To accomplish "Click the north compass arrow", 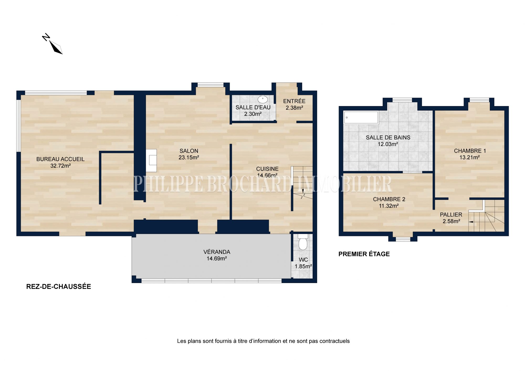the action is tap(56, 47).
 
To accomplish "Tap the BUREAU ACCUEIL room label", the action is tap(60, 159).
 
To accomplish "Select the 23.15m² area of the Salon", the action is tap(189, 158).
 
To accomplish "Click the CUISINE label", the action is tap(267, 169).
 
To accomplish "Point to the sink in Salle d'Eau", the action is tap(263, 100).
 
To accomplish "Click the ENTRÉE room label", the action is tap(294, 101).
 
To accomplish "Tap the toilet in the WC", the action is tap(303, 242).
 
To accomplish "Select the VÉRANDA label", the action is tap(217, 252).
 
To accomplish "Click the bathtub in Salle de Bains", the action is tap(361, 118).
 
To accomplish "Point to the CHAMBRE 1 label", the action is tap(470, 151).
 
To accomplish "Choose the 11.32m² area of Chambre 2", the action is tap(389, 206).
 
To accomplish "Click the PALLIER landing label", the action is tap(451, 215).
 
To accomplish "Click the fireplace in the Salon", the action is tap(151, 160).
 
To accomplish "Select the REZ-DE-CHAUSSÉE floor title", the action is tap(59, 286).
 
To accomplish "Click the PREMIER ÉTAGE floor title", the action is tap(364, 254).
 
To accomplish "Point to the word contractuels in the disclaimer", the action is tap(334, 341).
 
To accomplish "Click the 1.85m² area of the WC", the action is tap(303, 266).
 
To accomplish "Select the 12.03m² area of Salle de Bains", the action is tap(388, 144).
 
